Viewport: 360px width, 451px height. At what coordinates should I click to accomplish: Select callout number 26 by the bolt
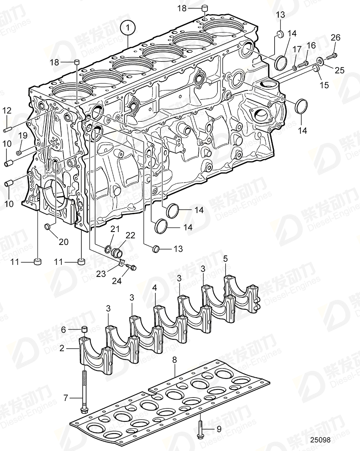(336, 38)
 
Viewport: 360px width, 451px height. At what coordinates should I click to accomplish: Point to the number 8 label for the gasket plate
(174, 359)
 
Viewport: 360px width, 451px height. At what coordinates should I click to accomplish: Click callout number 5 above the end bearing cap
(225, 258)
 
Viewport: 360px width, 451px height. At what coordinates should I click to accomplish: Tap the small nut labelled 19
(19, 152)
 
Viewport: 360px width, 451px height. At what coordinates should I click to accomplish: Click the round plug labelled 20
(47, 225)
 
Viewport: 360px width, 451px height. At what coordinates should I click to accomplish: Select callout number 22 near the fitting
(130, 235)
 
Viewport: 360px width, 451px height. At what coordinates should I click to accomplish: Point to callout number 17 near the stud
(297, 50)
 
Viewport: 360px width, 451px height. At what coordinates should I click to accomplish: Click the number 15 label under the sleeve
(324, 85)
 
